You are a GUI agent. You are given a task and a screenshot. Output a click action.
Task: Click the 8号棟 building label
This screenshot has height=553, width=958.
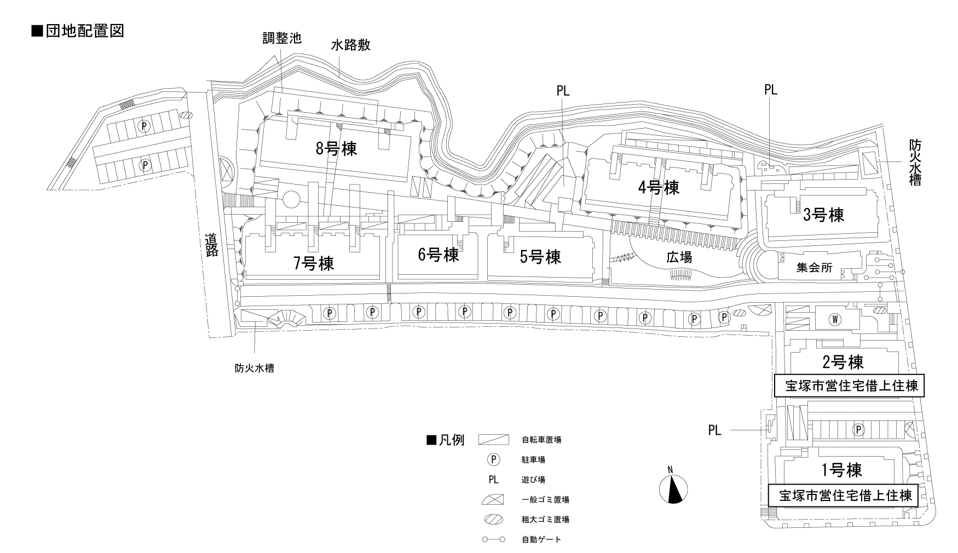point(336,148)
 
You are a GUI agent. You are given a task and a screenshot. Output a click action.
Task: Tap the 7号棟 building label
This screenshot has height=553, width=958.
point(313,263)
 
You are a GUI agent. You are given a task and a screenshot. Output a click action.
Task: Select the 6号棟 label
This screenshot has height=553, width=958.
point(438,255)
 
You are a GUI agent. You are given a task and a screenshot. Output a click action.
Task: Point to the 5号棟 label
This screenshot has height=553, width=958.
point(540,256)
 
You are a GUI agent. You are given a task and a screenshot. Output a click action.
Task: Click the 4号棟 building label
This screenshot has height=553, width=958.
point(659,188)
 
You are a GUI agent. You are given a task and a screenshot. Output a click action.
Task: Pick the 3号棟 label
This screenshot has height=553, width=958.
point(823,215)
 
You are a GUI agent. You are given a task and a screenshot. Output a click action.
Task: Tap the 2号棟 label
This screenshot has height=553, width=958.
point(843,362)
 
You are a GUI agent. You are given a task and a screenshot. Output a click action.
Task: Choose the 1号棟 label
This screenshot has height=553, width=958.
point(841,470)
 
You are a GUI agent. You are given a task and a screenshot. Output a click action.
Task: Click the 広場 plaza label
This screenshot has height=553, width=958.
point(679,257)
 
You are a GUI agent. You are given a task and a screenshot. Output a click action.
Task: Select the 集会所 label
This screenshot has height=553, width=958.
point(814,268)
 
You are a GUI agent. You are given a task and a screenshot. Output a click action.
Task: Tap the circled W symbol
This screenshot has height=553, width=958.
point(835,318)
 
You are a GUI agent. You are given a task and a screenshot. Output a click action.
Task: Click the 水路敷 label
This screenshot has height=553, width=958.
point(350,45)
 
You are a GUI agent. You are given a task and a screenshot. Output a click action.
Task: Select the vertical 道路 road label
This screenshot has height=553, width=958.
point(211,245)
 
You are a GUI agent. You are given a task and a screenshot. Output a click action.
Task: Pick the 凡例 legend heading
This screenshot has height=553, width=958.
point(446,440)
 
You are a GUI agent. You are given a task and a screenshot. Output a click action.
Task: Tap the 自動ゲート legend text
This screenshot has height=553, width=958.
point(541,540)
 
